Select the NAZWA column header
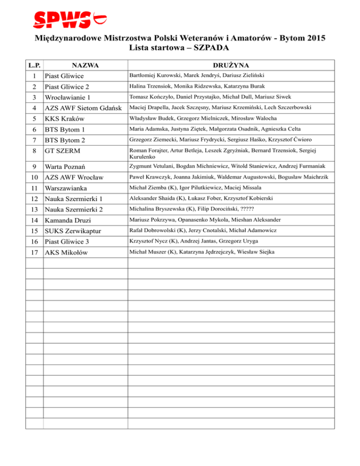(85, 65)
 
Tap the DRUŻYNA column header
(232, 65)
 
